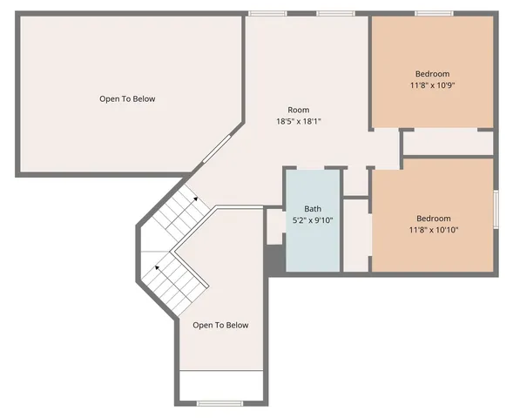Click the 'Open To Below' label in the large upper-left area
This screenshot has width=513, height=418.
127,98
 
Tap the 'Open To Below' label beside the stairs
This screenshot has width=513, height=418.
220,325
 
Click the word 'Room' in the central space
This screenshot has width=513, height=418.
299,110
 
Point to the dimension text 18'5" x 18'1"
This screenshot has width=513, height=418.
299,122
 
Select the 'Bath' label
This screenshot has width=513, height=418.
312,209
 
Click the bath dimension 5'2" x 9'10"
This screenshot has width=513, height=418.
312,220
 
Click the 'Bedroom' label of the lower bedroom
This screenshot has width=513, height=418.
433,218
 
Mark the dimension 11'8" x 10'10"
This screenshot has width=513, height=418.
433,230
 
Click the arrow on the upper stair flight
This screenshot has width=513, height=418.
195,199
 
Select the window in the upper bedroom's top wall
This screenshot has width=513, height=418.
432,13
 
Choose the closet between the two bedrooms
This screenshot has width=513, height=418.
448,142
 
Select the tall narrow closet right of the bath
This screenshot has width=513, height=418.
356,235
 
